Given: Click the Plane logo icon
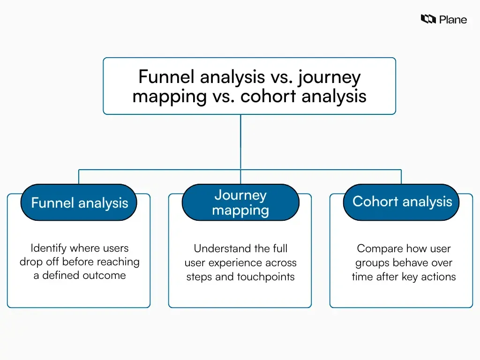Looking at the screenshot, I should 428,19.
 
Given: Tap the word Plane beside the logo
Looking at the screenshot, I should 453,19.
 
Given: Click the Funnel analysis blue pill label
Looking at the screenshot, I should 79,202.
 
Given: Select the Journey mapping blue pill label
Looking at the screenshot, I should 240,202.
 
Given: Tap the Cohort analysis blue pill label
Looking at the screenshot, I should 402,202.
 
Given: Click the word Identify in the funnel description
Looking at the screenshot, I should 49,248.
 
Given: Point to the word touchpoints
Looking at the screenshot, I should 266,277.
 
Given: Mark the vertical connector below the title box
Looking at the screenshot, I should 240,141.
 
